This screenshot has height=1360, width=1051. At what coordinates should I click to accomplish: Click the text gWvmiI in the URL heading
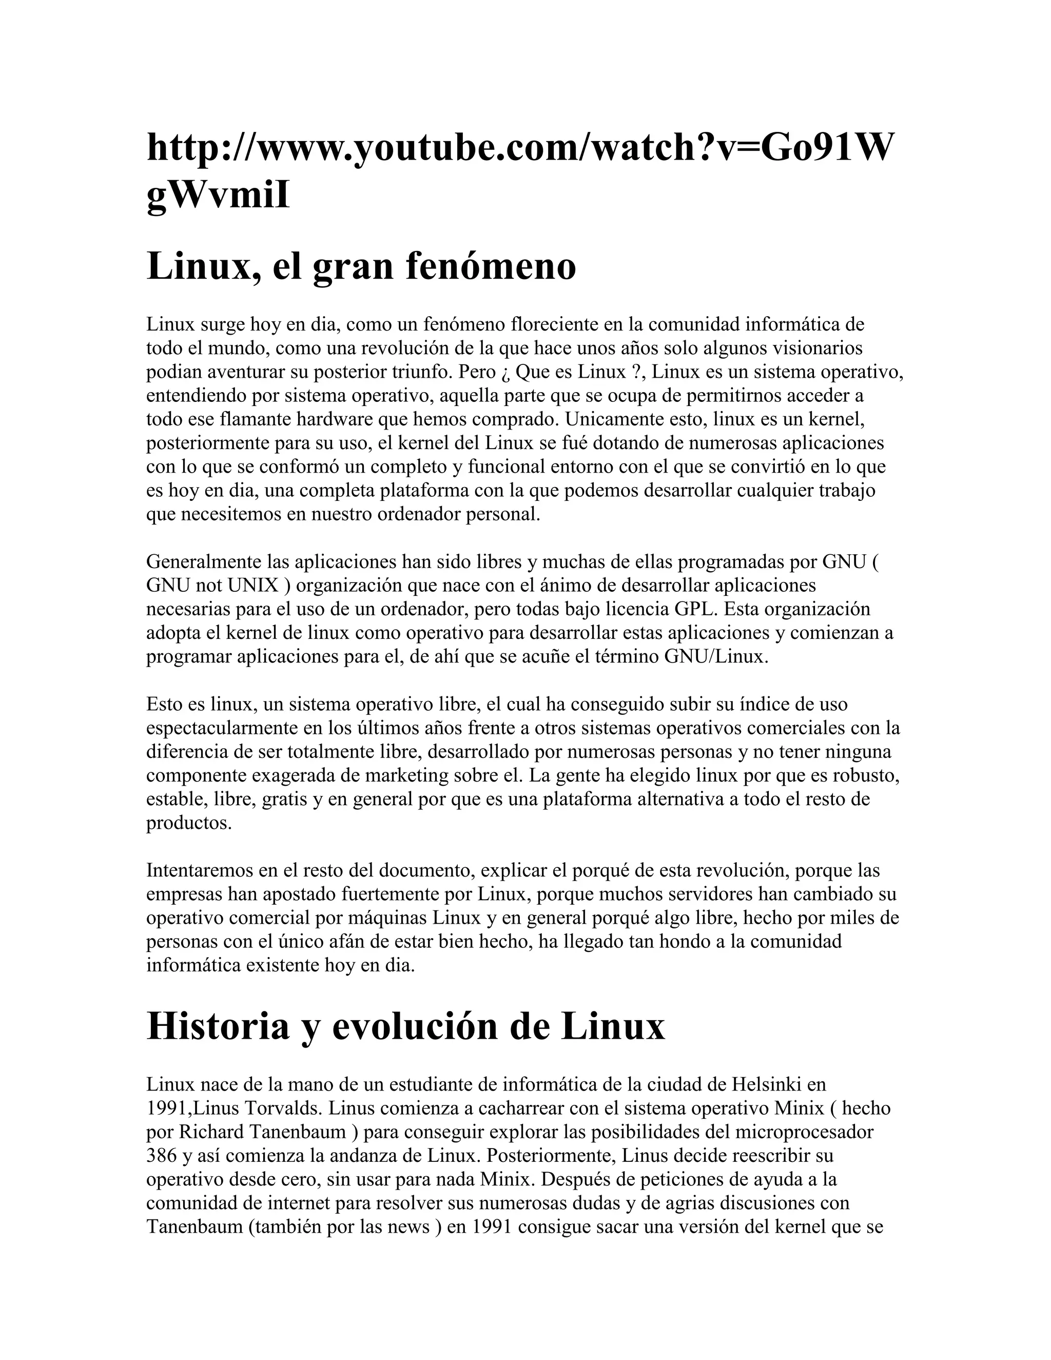pos(218,196)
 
